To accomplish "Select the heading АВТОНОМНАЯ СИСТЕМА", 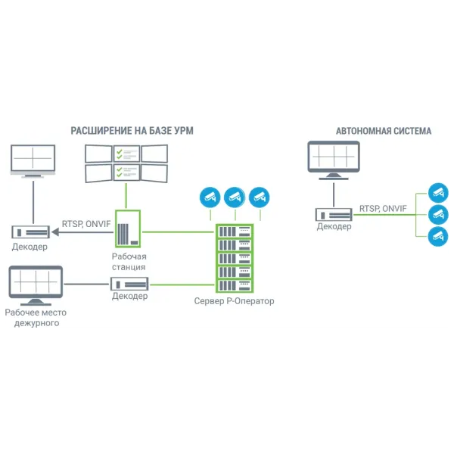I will (x=384, y=131).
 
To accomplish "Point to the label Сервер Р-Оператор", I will (x=234, y=301).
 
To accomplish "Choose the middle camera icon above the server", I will (x=234, y=197).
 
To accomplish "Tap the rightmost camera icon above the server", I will (x=260, y=197).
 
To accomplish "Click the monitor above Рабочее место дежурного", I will (x=34, y=284).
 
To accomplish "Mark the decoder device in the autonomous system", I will (x=334, y=214).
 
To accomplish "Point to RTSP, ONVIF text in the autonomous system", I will (x=383, y=208).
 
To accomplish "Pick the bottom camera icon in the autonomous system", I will (x=437, y=235).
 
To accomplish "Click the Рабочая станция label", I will (x=128, y=262).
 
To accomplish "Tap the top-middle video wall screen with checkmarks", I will (x=126, y=154).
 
